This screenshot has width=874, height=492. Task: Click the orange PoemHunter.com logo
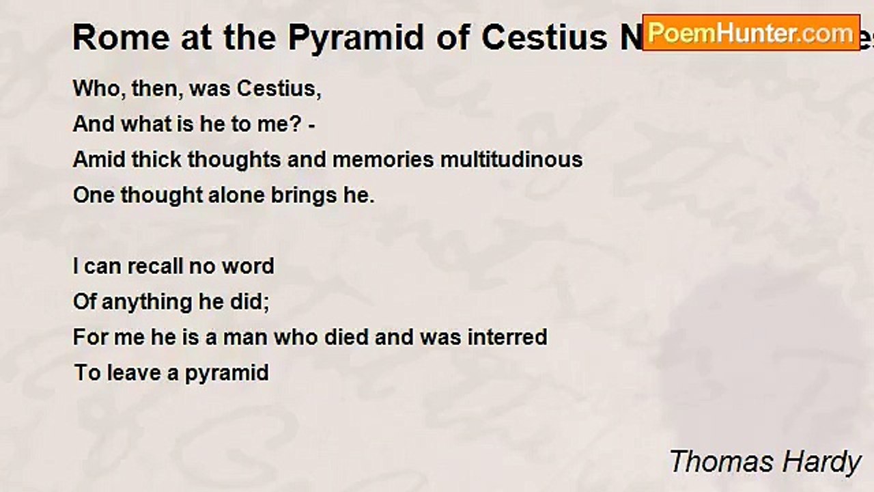tap(751, 33)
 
